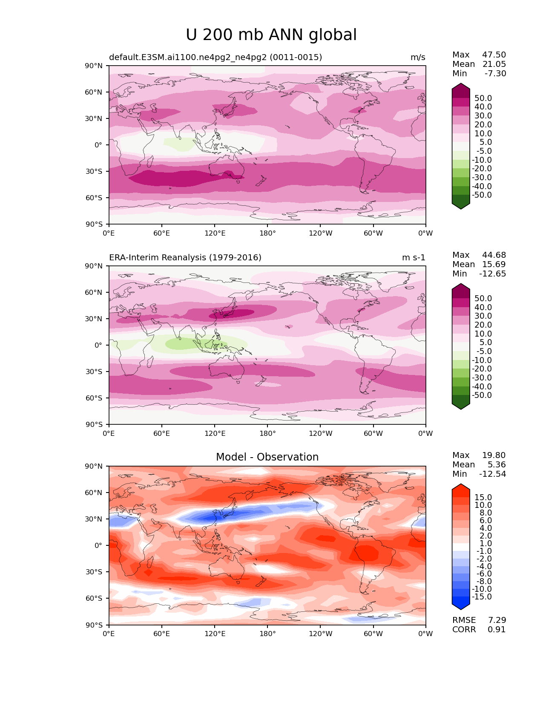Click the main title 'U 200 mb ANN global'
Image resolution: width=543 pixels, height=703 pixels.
[x=271, y=35]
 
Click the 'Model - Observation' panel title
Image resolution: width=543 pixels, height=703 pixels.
[x=267, y=457]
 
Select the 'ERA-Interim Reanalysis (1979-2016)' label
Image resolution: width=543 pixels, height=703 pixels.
[x=185, y=257]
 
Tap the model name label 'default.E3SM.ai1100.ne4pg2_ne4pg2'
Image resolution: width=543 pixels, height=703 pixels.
[x=187, y=58]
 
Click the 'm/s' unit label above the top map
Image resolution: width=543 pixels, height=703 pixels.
[x=418, y=58]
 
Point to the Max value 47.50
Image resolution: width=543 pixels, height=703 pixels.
[x=494, y=55]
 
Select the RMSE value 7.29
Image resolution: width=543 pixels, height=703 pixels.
[x=497, y=620]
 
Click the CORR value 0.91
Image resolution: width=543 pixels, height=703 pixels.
[x=497, y=629]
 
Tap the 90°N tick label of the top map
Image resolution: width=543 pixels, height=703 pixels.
[x=94, y=66]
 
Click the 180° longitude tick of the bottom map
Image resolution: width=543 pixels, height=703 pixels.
[x=267, y=634]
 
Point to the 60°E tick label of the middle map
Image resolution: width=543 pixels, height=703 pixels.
[x=162, y=433]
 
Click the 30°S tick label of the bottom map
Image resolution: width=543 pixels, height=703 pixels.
[x=94, y=572]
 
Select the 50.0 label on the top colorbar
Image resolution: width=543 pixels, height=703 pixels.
[x=483, y=98]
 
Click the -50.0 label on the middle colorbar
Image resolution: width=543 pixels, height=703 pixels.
[x=482, y=395]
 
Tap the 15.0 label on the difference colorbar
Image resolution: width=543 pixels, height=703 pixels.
[x=483, y=497]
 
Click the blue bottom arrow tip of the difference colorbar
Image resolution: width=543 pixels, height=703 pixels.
[x=460, y=609]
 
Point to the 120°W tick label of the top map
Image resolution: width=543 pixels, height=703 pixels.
[x=321, y=233]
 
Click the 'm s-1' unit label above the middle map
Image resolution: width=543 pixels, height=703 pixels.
[x=414, y=257]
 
